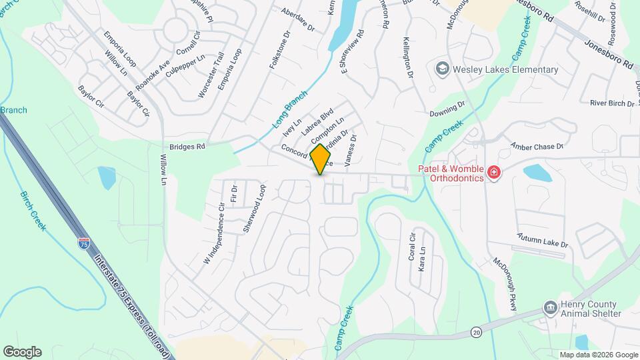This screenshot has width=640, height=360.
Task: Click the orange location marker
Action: (x=321, y=159)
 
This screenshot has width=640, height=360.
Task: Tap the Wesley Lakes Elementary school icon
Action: (x=441, y=69)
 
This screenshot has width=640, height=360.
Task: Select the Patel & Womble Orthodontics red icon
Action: (x=494, y=173)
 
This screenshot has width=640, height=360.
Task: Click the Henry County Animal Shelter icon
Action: (x=551, y=307)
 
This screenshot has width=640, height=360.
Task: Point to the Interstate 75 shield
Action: (x=84, y=243)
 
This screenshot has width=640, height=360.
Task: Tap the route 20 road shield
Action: (x=476, y=331)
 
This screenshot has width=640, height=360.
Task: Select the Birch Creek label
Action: (x=33, y=211)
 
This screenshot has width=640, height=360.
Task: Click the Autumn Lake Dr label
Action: (x=543, y=241)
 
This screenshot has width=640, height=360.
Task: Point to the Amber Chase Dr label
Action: (x=537, y=146)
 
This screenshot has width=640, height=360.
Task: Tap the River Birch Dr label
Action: (x=613, y=103)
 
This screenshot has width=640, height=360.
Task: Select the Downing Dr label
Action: (x=447, y=108)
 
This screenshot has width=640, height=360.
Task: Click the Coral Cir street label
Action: (x=411, y=247)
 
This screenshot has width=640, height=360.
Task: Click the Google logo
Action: (x=22, y=351)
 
